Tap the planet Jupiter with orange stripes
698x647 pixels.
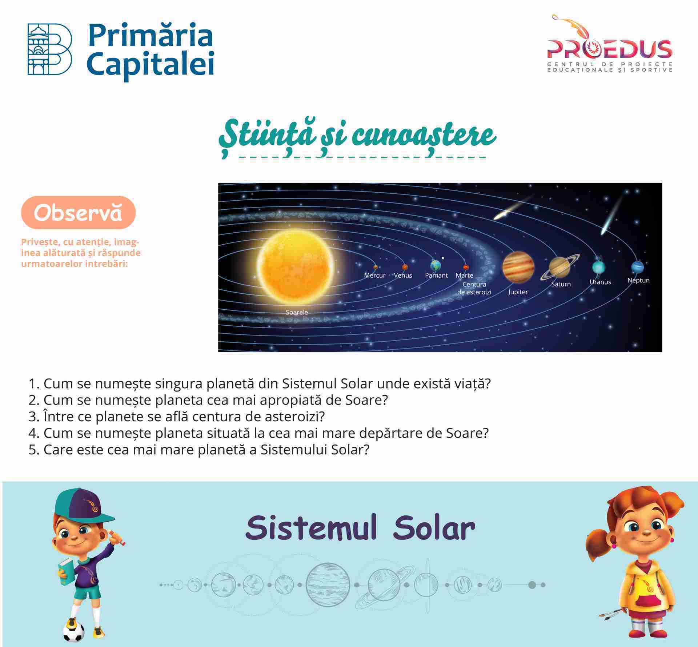pyautogui.click(x=518, y=268)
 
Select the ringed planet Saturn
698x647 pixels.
pyautogui.click(x=559, y=267)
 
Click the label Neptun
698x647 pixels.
pyautogui.click(x=638, y=280)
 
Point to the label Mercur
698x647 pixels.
pyautogui.click(x=374, y=275)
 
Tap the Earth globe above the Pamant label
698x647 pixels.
pyautogui.click(x=435, y=265)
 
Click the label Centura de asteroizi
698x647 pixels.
pyautogui.click(x=474, y=288)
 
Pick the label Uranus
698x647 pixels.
pyautogui.click(x=600, y=282)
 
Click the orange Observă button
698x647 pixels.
pyautogui.click(x=78, y=212)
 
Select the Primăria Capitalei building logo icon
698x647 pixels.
pyautogui.click(x=50, y=49)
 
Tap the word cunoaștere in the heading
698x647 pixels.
pyautogui.click(x=424, y=136)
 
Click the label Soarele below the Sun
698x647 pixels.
pyautogui.click(x=297, y=312)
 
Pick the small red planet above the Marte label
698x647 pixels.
pyautogui.click(x=466, y=267)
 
